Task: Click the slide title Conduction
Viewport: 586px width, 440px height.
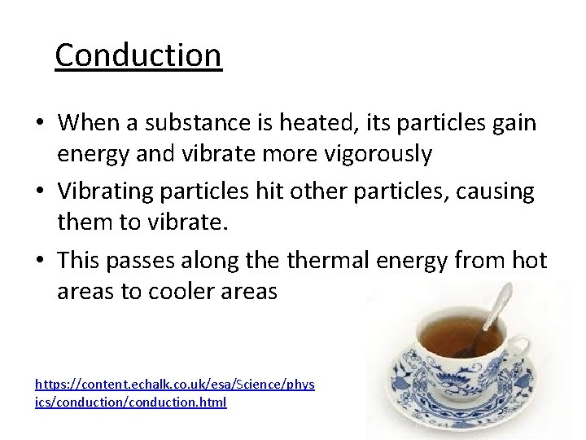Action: pyautogui.click(x=138, y=55)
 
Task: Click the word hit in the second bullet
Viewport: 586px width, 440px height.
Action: pyautogui.click(x=294, y=191)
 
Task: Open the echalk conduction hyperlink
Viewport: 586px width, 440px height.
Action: pyautogui.click(x=175, y=392)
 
